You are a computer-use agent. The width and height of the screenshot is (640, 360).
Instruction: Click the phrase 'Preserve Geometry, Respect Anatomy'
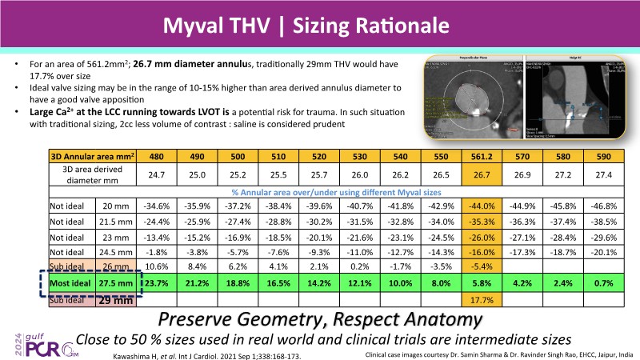(321, 319)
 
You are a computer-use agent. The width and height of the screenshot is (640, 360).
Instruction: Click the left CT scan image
(473, 99)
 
